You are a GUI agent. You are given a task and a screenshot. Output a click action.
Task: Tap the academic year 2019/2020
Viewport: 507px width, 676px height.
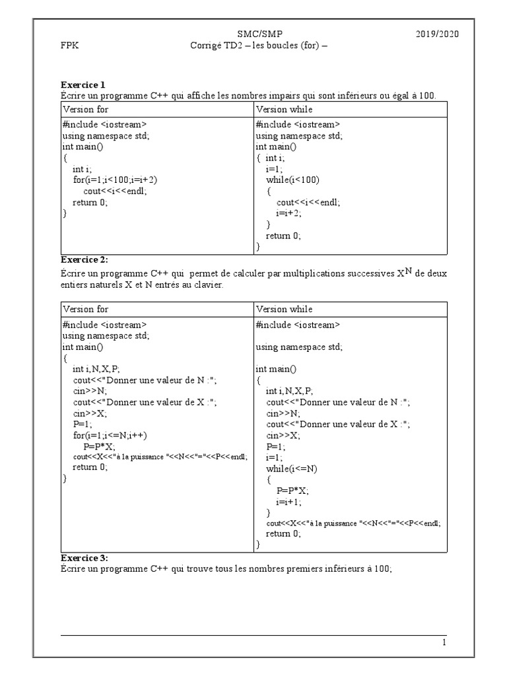[437, 34]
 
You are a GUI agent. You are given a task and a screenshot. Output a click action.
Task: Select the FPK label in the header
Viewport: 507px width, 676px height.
[69, 46]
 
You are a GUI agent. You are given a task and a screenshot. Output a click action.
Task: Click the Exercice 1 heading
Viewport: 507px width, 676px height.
[83, 84]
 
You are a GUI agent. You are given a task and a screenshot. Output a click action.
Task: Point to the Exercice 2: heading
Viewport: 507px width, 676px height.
[84, 259]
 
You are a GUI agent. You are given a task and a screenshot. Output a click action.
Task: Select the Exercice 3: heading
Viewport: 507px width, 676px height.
[84, 558]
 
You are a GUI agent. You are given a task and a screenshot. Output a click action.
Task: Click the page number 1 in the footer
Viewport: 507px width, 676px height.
[444, 642]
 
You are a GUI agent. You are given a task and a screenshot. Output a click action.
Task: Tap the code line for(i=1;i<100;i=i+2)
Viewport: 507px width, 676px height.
[115, 180]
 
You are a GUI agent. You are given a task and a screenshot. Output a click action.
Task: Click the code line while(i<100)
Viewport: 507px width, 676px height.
[292, 180]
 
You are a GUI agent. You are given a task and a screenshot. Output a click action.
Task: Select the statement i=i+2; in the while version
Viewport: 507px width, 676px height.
[288, 213]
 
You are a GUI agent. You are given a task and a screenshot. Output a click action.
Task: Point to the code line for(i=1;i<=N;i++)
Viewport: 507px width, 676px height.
[110, 436]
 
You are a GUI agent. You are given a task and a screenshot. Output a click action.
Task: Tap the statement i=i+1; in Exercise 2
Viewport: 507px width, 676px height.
[288, 502]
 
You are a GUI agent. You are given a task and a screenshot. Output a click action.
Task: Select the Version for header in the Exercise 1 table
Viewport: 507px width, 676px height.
[86, 109]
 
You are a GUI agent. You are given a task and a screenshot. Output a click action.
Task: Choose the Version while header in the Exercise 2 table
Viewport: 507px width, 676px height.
[284, 309]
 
